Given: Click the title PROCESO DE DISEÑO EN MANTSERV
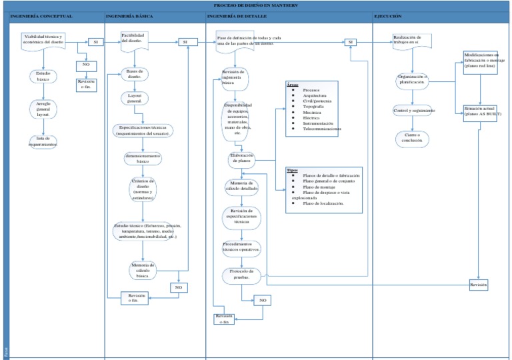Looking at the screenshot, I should tap(255, 5).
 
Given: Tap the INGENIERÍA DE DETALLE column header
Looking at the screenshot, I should tap(239, 15).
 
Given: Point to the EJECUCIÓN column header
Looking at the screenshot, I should tap(388, 15).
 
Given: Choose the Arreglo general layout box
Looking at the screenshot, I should tap(43, 109).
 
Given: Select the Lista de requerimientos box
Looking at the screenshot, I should tap(43, 141).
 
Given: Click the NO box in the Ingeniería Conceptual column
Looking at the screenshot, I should tap(86, 65).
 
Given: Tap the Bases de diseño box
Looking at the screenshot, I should tap(135, 74).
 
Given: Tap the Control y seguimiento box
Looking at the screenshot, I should tap(414, 110).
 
